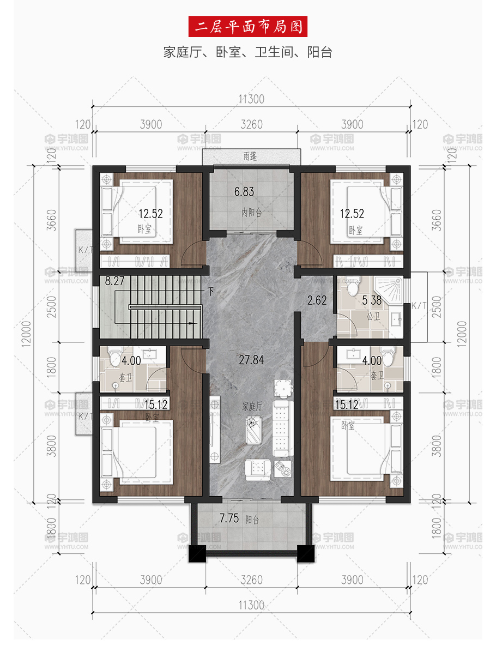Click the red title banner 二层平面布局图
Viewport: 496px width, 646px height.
(x=247, y=27)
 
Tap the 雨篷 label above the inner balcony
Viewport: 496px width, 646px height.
(x=250, y=156)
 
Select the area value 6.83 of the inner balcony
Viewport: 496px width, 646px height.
(x=244, y=191)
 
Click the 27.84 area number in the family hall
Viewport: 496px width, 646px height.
(x=251, y=360)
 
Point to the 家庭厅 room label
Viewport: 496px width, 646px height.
(x=252, y=407)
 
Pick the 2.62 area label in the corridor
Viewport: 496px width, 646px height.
(x=317, y=300)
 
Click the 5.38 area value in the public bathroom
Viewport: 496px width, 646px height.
(x=372, y=300)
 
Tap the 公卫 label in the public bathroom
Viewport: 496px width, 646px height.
(x=373, y=316)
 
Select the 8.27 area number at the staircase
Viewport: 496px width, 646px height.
(x=114, y=281)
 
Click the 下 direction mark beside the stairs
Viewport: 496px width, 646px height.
(x=211, y=292)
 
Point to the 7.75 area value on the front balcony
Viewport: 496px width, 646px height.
(x=229, y=518)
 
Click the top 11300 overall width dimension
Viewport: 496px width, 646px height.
(x=251, y=99)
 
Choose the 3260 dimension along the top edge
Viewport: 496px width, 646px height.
(x=251, y=124)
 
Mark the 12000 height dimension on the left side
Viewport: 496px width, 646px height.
(x=26, y=334)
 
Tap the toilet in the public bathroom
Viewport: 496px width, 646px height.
(x=353, y=286)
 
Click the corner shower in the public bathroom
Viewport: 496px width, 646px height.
(x=389, y=289)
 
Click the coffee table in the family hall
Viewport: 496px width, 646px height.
(x=253, y=429)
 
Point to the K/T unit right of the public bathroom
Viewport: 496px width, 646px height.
(x=419, y=306)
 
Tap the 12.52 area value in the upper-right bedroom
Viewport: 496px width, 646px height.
(x=352, y=213)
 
